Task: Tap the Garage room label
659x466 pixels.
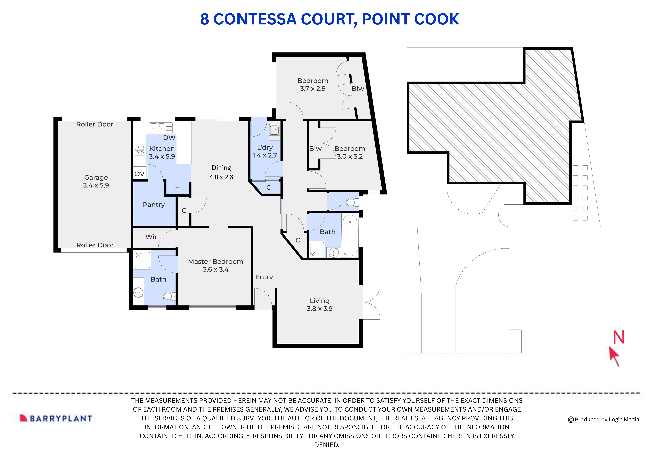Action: point(96,177)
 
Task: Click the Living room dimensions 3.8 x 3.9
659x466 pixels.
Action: point(319,309)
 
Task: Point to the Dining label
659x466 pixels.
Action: point(221,168)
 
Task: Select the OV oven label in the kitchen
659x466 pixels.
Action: point(139,174)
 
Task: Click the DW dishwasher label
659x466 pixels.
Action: point(169,138)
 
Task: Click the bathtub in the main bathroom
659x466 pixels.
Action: point(350,235)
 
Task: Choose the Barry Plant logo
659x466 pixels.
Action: point(56,418)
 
